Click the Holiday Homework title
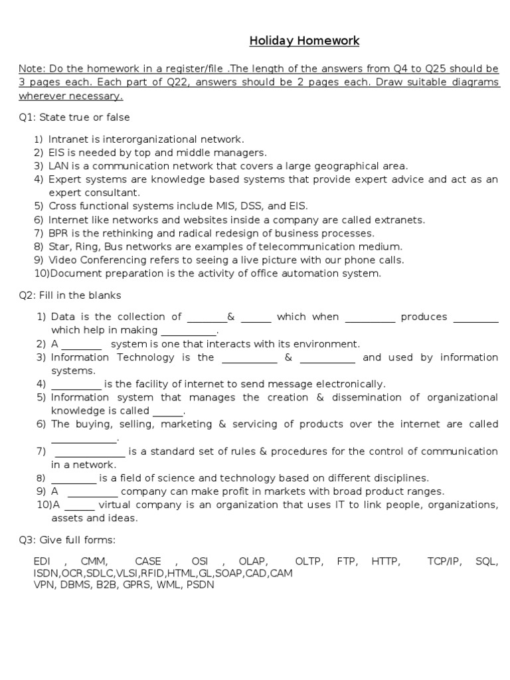coord(304,41)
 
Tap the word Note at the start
coord(30,69)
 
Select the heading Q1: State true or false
coord(74,118)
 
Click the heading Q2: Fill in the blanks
coord(70,295)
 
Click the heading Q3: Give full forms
coord(66,540)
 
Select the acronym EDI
coord(41,562)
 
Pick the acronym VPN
coord(43,586)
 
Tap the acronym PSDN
coord(201,586)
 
